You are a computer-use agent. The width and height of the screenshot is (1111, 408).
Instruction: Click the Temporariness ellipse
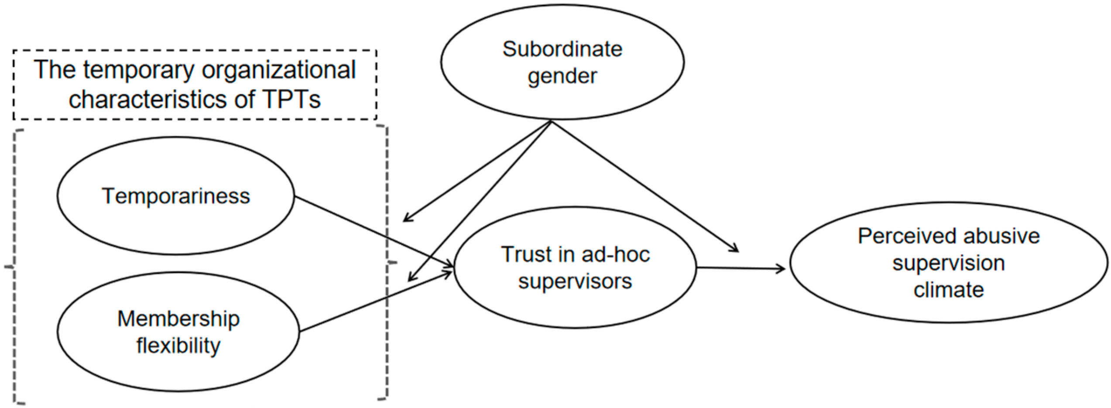(x=175, y=195)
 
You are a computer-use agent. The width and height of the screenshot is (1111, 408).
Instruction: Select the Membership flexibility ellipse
(x=178, y=332)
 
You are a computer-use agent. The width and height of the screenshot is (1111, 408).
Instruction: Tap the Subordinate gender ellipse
(x=562, y=62)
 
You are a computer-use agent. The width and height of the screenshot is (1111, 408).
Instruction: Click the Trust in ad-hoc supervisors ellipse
(x=575, y=267)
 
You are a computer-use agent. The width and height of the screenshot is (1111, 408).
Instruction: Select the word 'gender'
(x=562, y=76)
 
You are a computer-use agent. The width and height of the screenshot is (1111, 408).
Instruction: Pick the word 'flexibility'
(x=178, y=346)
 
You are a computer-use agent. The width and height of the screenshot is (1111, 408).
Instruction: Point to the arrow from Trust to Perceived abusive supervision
(x=742, y=268)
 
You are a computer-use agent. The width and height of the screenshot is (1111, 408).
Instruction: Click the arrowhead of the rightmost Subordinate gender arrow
(x=735, y=249)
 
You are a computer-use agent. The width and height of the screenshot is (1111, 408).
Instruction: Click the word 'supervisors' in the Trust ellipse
(x=575, y=281)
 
